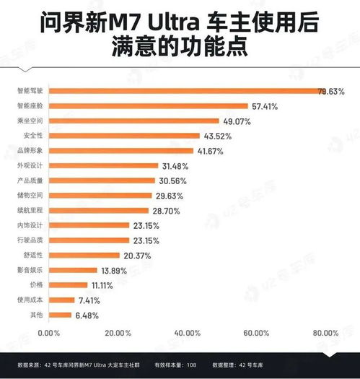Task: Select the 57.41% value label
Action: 264,106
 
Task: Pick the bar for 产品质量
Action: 102,180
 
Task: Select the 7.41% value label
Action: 89,300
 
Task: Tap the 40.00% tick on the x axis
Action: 187,333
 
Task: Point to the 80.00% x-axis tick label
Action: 325,333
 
